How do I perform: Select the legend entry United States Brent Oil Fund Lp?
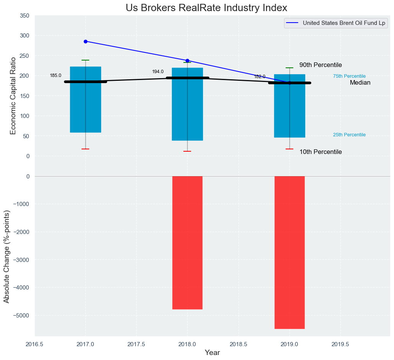point(343,23)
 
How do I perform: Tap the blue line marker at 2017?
point(85,41)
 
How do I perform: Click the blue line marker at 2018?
point(187,61)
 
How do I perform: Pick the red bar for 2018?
point(187,242)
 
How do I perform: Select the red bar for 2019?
point(289,252)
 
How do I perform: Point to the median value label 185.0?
point(56,75)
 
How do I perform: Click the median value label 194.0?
point(158,72)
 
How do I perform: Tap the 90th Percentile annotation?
point(320,65)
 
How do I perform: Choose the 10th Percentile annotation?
point(320,152)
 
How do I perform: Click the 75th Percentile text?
point(349,76)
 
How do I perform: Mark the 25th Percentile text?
point(349,135)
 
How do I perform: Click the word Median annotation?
point(360,83)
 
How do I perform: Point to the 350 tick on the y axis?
point(24,16)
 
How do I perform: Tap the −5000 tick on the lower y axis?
point(23,315)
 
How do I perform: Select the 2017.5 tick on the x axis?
point(136,344)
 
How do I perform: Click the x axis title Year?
point(213,353)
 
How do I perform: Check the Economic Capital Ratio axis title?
point(13,96)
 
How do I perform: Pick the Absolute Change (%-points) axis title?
point(7,251)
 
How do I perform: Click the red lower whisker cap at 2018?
point(187,151)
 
